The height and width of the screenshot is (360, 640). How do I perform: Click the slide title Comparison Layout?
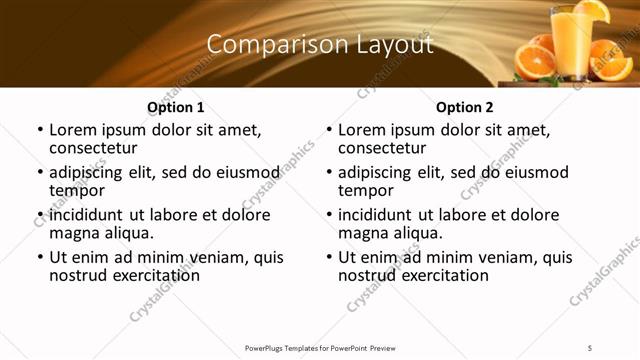(x=320, y=45)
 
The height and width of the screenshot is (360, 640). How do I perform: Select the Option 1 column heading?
(x=176, y=107)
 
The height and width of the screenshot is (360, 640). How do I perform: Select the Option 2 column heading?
(x=465, y=107)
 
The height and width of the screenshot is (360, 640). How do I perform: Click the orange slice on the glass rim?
(x=590, y=11)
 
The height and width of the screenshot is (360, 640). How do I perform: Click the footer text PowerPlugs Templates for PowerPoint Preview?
(x=320, y=347)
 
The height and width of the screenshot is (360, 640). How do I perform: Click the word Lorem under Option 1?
(x=73, y=130)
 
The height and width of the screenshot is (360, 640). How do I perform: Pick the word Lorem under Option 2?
(x=362, y=130)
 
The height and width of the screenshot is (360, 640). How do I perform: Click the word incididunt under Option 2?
(x=380, y=215)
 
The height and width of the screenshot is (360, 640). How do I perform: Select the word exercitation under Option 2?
(x=444, y=274)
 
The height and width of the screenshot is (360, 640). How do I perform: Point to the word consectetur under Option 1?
(x=99, y=148)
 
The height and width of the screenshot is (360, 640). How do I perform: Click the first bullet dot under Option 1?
(x=39, y=131)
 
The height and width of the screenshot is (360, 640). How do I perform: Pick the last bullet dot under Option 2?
(x=328, y=258)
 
